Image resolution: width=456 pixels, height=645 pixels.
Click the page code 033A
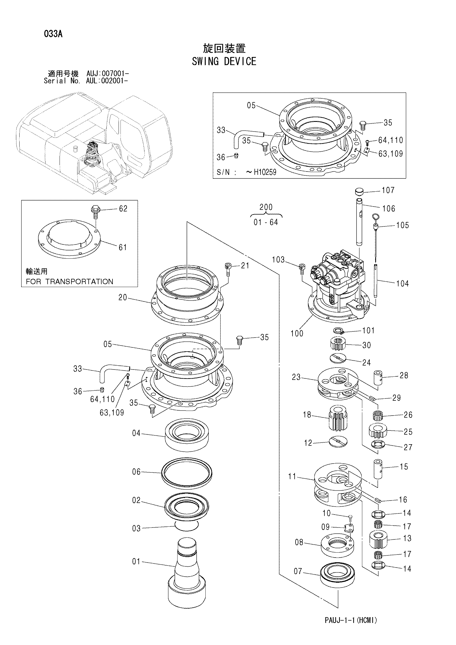(53, 34)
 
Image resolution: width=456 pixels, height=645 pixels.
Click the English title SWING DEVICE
(224, 61)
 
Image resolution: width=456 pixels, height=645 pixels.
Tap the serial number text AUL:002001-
(108, 81)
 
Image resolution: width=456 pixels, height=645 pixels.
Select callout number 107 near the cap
(388, 190)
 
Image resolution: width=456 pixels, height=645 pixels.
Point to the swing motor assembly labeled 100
(337, 289)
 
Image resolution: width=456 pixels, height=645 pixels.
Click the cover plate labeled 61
(69, 239)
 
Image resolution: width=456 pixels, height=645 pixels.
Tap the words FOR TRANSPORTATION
(69, 282)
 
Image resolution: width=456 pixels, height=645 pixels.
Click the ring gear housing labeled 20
(187, 298)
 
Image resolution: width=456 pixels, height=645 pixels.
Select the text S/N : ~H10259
(246, 172)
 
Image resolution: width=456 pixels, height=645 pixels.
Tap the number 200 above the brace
(265, 207)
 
